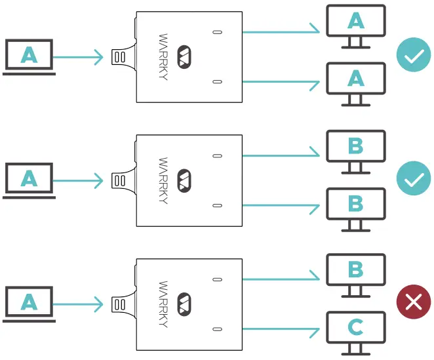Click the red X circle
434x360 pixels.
coord(413,302)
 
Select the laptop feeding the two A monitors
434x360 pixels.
coord(29,56)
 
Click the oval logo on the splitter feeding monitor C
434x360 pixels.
coord(184,303)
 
